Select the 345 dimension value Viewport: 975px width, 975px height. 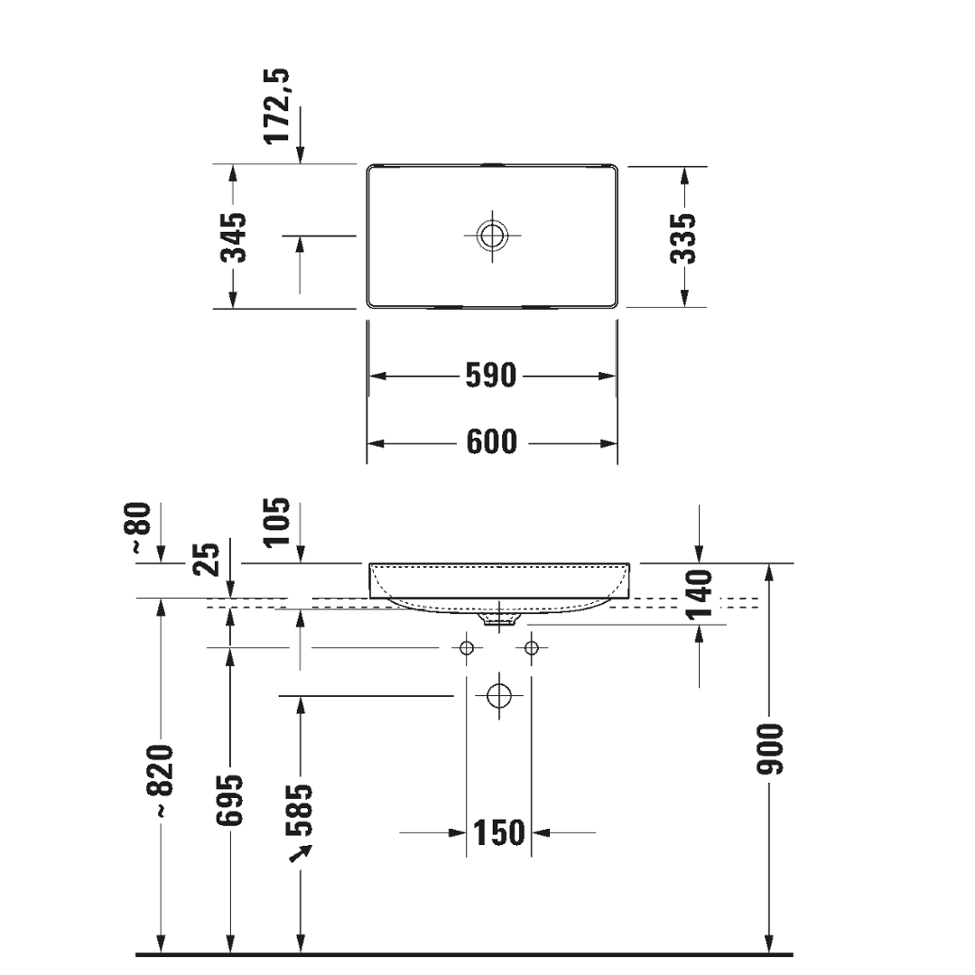234,237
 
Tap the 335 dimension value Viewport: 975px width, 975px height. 684,237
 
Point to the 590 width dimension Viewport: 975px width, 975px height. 491,376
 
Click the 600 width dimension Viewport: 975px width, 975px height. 491,442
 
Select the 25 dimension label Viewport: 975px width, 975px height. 208,561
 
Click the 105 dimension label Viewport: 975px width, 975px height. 278,522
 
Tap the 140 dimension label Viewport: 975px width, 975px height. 700,593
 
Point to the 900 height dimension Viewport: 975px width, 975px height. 770,748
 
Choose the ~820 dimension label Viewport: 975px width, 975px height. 161,781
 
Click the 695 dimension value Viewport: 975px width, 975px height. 231,799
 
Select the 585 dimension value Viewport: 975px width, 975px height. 301,810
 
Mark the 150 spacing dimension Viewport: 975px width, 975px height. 497,832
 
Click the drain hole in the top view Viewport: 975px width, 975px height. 492,236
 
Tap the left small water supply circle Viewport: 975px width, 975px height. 467,647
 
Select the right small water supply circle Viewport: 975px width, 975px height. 531,647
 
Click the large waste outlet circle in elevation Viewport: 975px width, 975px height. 498,696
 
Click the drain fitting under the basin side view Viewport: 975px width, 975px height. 498,620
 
